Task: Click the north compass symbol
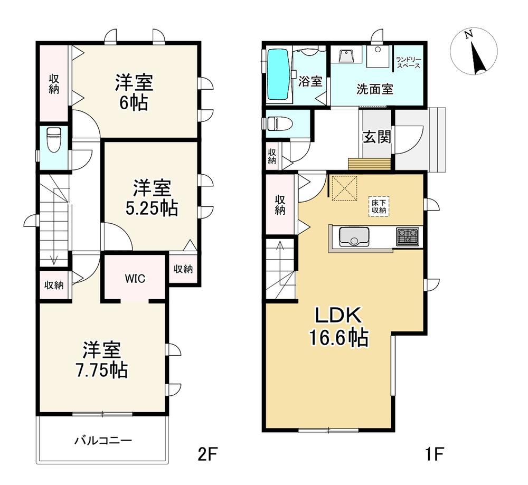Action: pyautogui.click(x=474, y=51)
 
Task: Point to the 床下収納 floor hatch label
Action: pyautogui.click(x=379, y=206)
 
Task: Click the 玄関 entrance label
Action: pyautogui.click(x=377, y=137)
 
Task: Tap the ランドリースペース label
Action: pyautogui.click(x=408, y=63)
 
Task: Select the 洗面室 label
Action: pyautogui.click(x=375, y=89)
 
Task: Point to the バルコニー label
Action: pyautogui.click(x=103, y=440)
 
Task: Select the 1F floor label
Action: pyautogui.click(x=433, y=455)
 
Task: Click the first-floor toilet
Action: pyautogui.click(x=279, y=123)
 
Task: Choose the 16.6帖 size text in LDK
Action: pyautogui.click(x=339, y=337)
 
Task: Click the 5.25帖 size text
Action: pyautogui.click(x=152, y=208)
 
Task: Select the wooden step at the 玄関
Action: pyautogui.click(x=370, y=164)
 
